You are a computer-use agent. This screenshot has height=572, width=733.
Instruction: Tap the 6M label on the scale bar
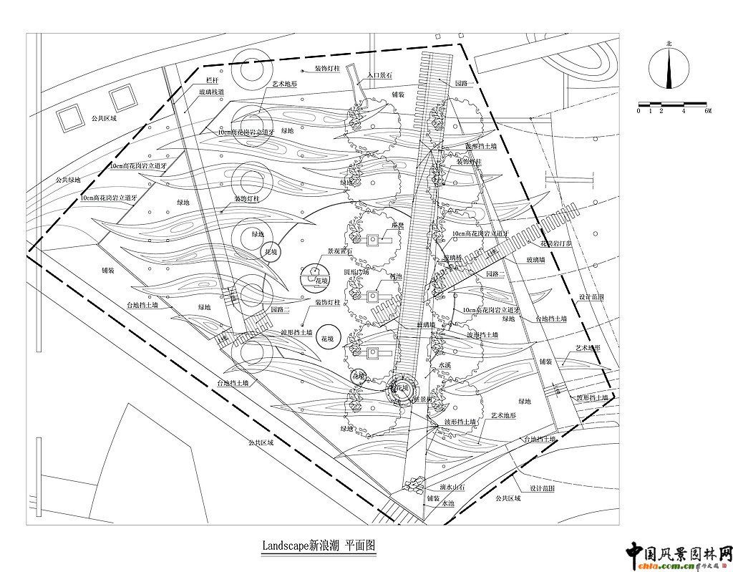[x=707, y=111]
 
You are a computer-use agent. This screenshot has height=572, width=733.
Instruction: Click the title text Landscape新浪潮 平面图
[x=318, y=546]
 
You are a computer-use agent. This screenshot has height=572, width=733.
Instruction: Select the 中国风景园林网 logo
[x=679, y=553]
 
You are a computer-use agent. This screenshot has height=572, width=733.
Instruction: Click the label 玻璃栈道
[x=211, y=92]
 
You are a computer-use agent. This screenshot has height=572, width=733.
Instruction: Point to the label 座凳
[x=398, y=226]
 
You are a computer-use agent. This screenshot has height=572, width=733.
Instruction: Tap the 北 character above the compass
[x=669, y=44]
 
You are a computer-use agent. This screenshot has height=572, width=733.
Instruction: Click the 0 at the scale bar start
[x=639, y=111]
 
